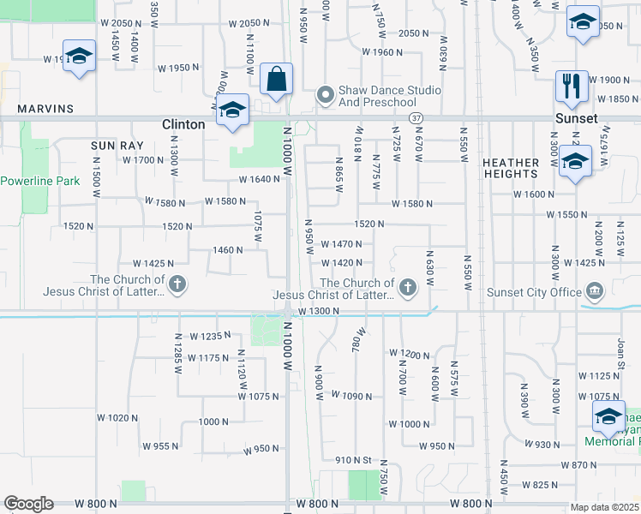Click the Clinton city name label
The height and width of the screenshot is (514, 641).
(183, 124)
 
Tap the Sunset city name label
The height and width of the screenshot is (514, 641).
(575, 118)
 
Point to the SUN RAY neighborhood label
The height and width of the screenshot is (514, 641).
(110, 146)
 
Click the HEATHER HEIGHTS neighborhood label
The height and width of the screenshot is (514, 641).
(511, 168)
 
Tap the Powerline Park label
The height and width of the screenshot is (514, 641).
(39, 181)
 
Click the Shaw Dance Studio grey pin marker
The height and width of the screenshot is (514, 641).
(325, 94)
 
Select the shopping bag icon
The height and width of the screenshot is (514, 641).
(277, 79)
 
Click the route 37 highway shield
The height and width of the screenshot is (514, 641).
(416, 117)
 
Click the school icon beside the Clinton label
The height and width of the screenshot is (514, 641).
(232, 111)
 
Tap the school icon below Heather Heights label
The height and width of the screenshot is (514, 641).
(576, 160)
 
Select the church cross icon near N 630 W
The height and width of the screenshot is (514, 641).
(408, 286)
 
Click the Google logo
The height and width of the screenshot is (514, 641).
(29, 504)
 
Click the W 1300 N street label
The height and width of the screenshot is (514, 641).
(319, 311)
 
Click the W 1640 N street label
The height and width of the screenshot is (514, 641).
(260, 180)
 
